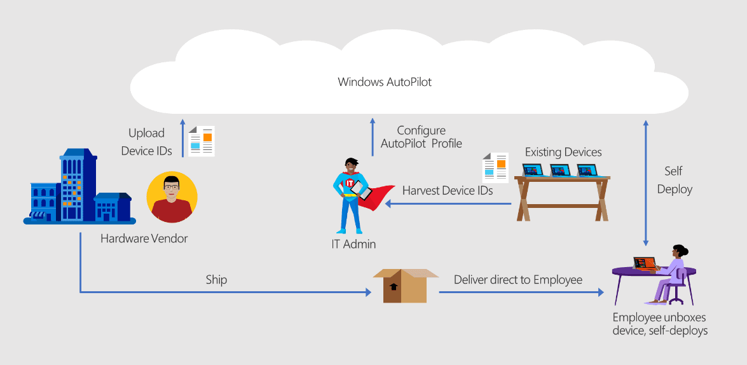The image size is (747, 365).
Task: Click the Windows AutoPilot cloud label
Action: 385,82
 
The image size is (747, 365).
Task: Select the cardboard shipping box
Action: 405,286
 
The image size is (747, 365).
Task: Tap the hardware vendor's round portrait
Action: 172,197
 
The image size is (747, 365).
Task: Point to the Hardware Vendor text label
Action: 144,239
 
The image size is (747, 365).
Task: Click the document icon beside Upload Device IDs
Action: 202,141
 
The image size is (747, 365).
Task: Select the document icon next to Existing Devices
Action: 495,168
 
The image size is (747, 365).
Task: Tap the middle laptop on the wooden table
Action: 559,170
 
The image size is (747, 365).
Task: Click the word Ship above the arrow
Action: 216,280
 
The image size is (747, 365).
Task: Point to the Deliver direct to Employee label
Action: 518,280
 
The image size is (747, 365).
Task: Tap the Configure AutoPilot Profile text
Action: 421,137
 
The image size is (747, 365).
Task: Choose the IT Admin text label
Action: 353,244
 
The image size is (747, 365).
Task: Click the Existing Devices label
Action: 563,152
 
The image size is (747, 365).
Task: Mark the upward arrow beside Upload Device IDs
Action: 182,138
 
